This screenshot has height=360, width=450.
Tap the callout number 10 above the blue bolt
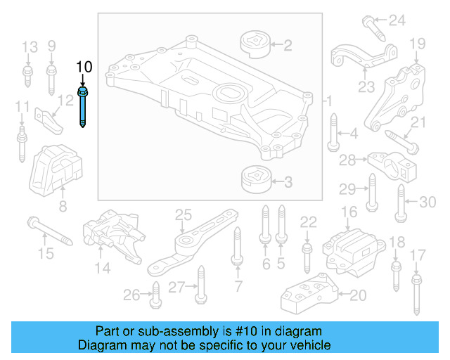[x=84, y=67]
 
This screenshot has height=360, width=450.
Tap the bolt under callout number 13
[x=28, y=75]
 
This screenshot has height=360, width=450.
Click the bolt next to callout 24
[x=373, y=27]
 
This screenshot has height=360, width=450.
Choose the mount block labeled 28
[x=394, y=163]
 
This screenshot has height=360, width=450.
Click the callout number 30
[x=428, y=203]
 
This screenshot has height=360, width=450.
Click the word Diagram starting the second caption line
[x=101, y=345]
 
